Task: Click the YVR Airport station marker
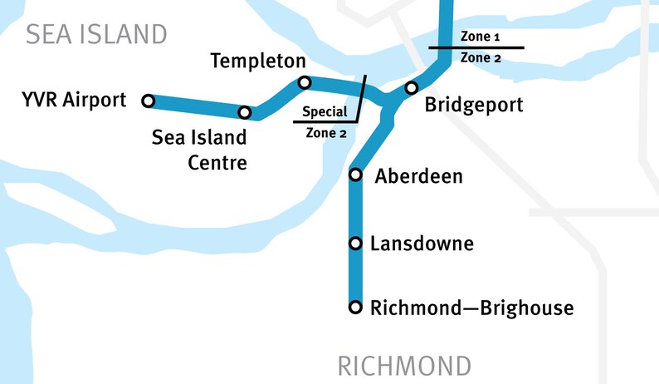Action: coord(148,101)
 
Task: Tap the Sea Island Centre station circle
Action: coord(245,112)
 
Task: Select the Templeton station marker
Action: coord(305,82)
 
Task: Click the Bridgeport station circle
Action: coord(410,88)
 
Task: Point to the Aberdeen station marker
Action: coord(355,175)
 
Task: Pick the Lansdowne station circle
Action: coord(355,244)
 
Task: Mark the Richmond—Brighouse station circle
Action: coord(355,308)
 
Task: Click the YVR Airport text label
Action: coord(75,101)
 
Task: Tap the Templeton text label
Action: coord(258,61)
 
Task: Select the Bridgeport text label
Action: coord(474,106)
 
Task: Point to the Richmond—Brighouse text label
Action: coord(471,308)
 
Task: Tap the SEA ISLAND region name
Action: coord(96,34)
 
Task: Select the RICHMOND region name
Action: coord(404,366)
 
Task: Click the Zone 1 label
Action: coord(480,38)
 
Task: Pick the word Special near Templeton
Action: coord(325,111)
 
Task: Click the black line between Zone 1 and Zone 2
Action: coord(476,48)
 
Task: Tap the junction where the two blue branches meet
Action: coord(387,106)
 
